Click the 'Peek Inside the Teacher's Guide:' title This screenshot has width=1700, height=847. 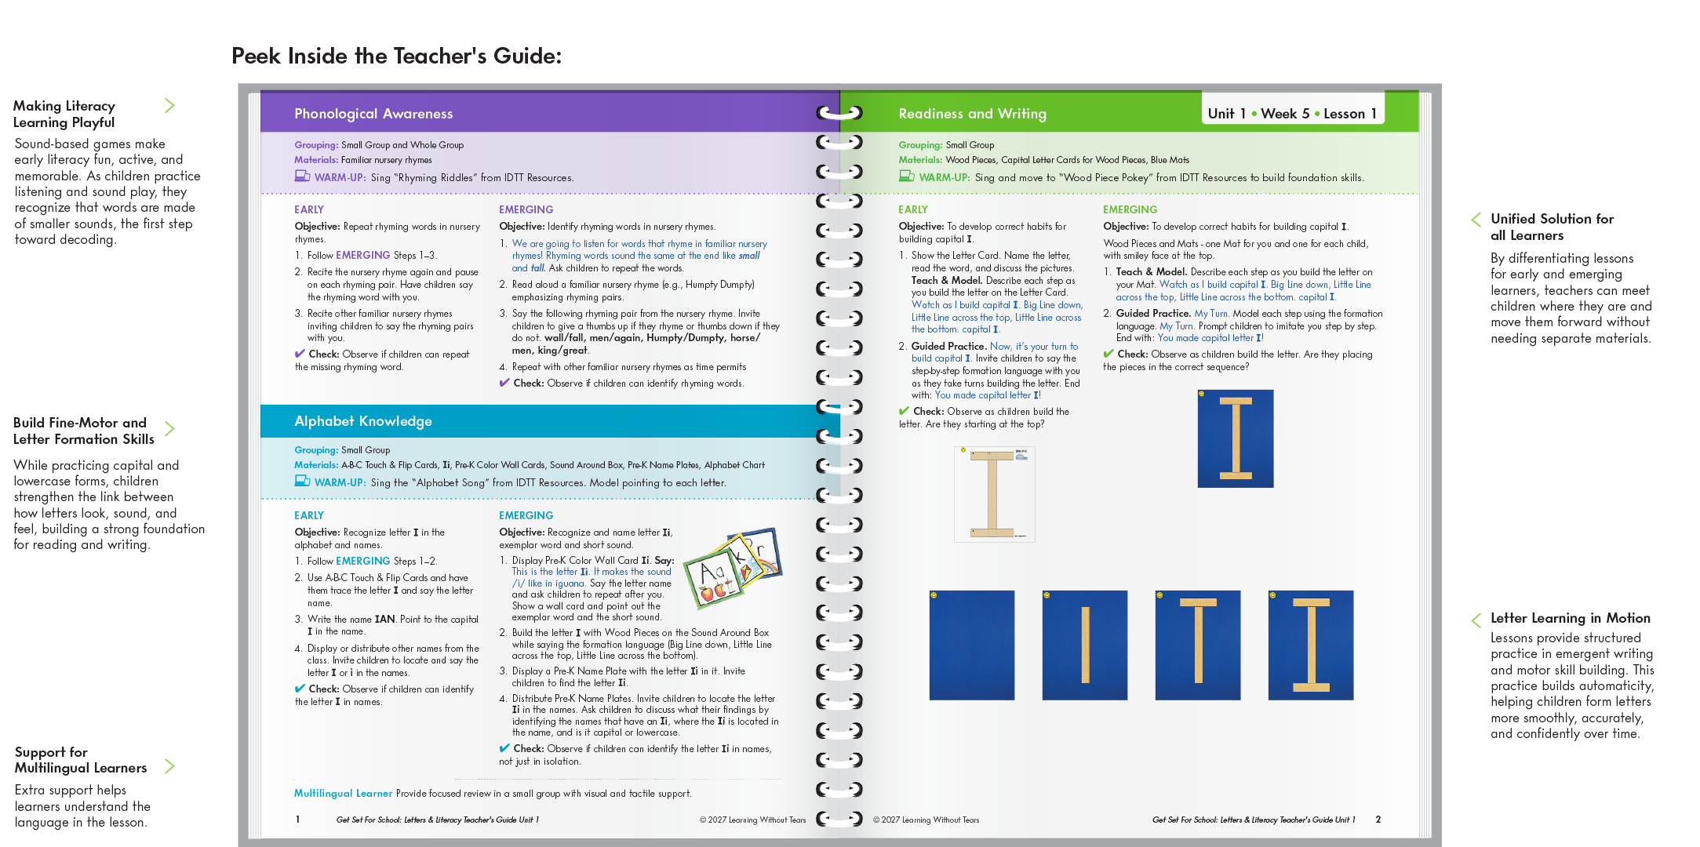tap(396, 56)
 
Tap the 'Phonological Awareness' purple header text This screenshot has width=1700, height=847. tap(373, 114)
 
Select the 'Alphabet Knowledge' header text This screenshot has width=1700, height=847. tap(363, 421)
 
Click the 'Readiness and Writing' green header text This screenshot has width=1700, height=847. tap(972, 114)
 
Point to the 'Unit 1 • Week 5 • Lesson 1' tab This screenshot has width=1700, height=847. tap(1292, 114)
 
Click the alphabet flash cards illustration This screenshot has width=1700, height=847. tap(732, 568)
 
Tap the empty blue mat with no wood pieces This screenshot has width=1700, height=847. tap(971, 645)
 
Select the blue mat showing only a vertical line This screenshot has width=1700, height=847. tap(1084, 645)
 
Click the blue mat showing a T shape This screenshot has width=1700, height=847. tap(1198, 645)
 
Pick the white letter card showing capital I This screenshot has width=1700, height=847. tap(994, 494)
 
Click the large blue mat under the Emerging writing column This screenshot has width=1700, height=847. tap(1235, 438)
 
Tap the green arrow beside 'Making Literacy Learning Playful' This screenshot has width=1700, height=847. tap(169, 105)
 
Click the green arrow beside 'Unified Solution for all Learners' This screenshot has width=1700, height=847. tap(1476, 220)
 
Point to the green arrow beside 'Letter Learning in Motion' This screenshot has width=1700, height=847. tap(1476, 620)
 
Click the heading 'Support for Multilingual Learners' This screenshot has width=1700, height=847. tap(80, 760)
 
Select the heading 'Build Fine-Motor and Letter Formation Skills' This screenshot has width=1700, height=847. tap(83, 431)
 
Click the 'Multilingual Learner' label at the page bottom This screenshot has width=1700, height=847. tap(343, 794)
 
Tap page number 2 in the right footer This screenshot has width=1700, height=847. tap(1378, 820)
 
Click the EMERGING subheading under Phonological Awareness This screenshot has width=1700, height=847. tap(526, 209)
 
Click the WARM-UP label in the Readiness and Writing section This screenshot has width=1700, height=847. tap(944, 178)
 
